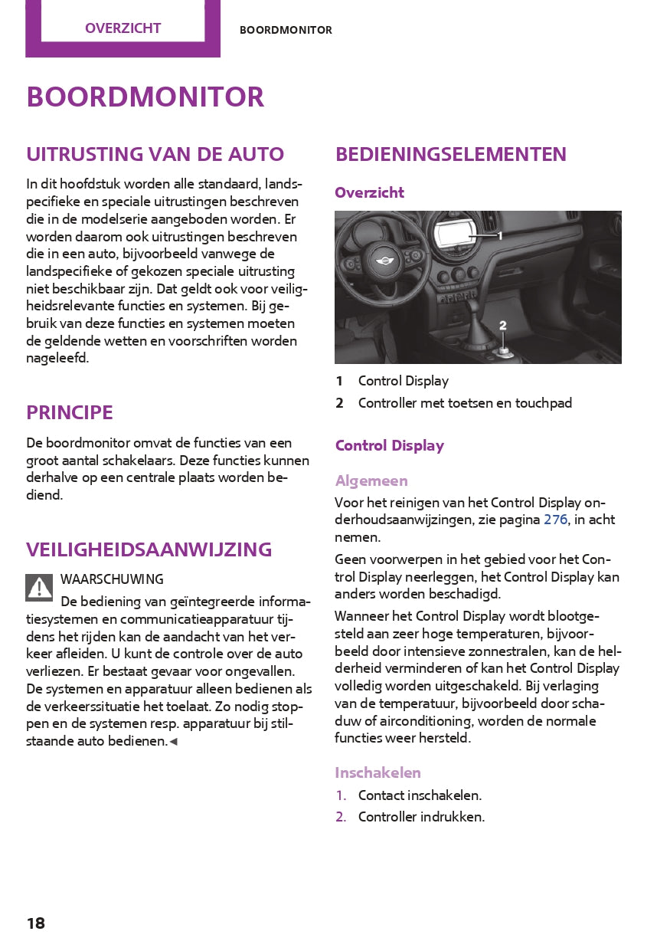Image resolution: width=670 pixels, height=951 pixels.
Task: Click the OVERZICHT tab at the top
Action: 123,28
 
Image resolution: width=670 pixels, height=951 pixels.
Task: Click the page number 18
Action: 36,923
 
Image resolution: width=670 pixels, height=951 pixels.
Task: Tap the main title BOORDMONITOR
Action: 145,97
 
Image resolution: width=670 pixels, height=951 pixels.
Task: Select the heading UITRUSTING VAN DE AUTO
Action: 155,154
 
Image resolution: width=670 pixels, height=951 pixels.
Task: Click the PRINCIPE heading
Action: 70,412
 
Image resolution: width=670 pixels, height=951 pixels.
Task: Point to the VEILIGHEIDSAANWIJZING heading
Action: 149,549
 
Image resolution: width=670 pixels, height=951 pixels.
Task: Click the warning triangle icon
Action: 39,587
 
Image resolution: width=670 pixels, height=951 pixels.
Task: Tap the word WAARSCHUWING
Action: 112,579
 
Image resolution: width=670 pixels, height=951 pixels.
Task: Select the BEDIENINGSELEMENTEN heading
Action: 451,154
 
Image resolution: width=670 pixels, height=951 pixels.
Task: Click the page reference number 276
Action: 556,520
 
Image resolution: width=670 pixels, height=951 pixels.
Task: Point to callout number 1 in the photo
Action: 500,236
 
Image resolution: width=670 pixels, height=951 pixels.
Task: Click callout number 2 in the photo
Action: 503,326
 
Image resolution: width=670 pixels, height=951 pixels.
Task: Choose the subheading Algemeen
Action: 371,480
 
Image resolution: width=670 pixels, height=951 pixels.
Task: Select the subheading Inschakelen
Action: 377,772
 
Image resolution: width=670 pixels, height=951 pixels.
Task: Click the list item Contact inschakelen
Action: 420,795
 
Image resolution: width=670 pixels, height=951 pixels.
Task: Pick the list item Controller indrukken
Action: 421,817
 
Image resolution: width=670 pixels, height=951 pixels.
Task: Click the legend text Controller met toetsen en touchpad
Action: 465,403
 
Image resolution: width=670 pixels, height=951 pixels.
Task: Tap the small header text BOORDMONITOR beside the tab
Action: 286,31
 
